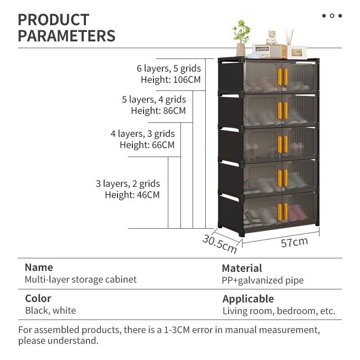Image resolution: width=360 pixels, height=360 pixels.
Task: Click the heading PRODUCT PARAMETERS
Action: click(x=67, y=27)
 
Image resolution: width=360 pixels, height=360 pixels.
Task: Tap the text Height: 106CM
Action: click(x=171, y=80)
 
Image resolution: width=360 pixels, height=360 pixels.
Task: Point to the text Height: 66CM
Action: click(x=147, y=145)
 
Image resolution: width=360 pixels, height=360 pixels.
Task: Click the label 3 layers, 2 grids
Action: click(x=128, y=184)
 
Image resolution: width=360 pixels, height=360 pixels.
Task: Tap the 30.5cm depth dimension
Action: click(x=219, y=243)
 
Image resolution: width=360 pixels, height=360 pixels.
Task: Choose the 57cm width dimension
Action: click(x=294, y=243)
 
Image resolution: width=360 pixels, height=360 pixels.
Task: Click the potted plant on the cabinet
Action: click(x=242, y=38)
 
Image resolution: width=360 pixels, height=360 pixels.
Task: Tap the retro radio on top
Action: click(x=270, y=51)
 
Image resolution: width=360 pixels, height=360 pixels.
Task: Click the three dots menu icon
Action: click(x=332, y=16)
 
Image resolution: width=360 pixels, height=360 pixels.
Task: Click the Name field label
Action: click(x=39, y=267)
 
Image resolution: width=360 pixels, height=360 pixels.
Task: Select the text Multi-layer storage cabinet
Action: click(x=81, y=279)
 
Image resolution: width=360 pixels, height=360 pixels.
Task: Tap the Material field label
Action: click(x=242, y=269)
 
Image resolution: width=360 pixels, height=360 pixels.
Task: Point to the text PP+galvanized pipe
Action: click(x=263, y=281)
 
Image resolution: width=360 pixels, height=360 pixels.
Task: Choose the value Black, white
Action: click(x=50, y=310)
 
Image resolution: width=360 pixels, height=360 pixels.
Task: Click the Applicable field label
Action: click(x=248, y=299)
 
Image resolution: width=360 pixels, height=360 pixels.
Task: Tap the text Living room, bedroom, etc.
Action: click(x=279, y=311)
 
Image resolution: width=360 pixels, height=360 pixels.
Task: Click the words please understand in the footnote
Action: click(x=58, y=341)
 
